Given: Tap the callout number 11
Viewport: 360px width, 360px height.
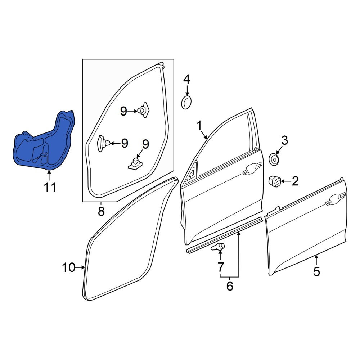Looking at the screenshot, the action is click(x=50, y=187).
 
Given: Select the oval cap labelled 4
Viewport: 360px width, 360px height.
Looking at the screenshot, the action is click(x=186, y=103).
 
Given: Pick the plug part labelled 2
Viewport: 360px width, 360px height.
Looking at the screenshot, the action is click(x=275, y=181).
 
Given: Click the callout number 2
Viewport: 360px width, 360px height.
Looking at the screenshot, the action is click(x=295, y=181).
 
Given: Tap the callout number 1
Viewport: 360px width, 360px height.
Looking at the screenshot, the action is click(x=199, y=126).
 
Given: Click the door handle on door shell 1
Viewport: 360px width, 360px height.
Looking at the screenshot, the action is click(x=252, y=168).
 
